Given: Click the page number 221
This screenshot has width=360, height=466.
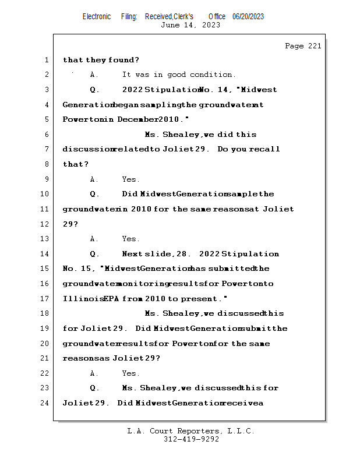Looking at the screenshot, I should coord(314,47).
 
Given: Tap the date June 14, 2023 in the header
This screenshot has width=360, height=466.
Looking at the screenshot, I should coord(190,25).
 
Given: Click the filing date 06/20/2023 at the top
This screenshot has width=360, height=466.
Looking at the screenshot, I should coord(248,16).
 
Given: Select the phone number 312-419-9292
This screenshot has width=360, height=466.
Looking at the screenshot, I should coord(191,439).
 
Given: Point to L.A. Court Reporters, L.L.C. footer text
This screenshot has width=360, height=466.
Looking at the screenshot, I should coord(191,431).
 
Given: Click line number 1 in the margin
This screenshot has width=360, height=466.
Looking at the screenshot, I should coord(46,60).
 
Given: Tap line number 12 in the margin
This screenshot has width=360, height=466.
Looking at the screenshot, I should coord(45,224).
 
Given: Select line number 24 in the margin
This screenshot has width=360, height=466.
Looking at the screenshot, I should coord(45,403).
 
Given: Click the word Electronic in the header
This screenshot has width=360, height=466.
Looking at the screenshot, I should coord(97,16).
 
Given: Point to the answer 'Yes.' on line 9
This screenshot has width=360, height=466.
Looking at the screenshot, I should coord(131,179).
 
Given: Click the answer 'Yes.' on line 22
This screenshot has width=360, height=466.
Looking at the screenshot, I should coord(131,373).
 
